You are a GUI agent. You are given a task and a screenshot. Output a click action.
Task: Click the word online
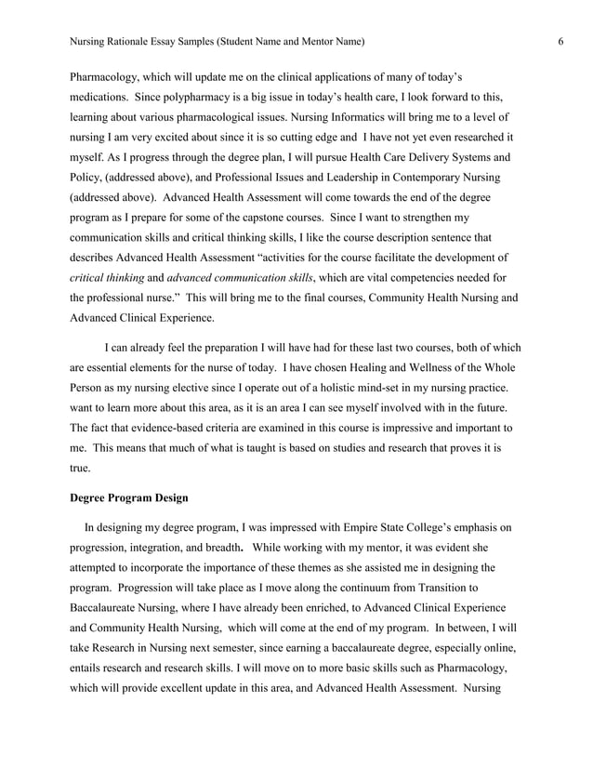click(489, 649)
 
